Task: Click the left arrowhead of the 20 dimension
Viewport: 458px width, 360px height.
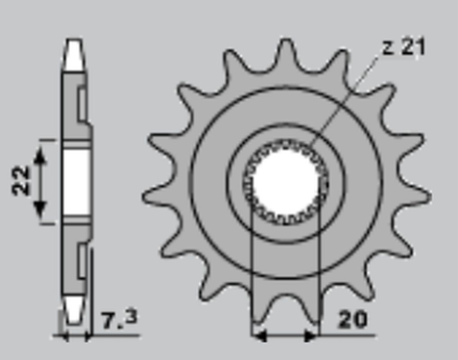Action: [258, 335]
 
